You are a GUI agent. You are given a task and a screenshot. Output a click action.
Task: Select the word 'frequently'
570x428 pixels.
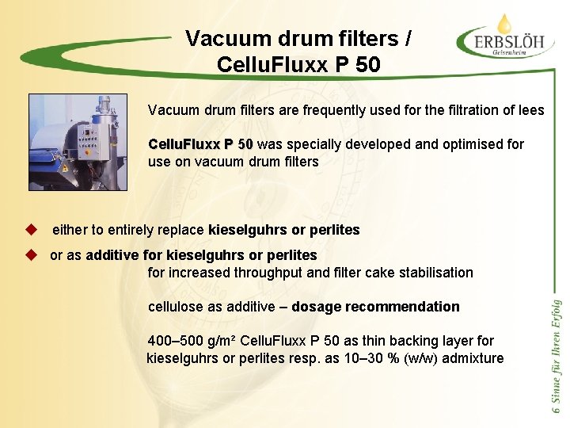308,110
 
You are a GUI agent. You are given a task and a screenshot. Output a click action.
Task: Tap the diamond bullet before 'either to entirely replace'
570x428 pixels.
32,230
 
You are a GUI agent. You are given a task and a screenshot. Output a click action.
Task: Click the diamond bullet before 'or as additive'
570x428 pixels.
32,255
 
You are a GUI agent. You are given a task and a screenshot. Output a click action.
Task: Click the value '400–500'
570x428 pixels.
174,341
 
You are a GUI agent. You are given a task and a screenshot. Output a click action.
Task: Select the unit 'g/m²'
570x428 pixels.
219,341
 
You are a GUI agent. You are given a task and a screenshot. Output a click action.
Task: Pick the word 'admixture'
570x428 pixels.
474,358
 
